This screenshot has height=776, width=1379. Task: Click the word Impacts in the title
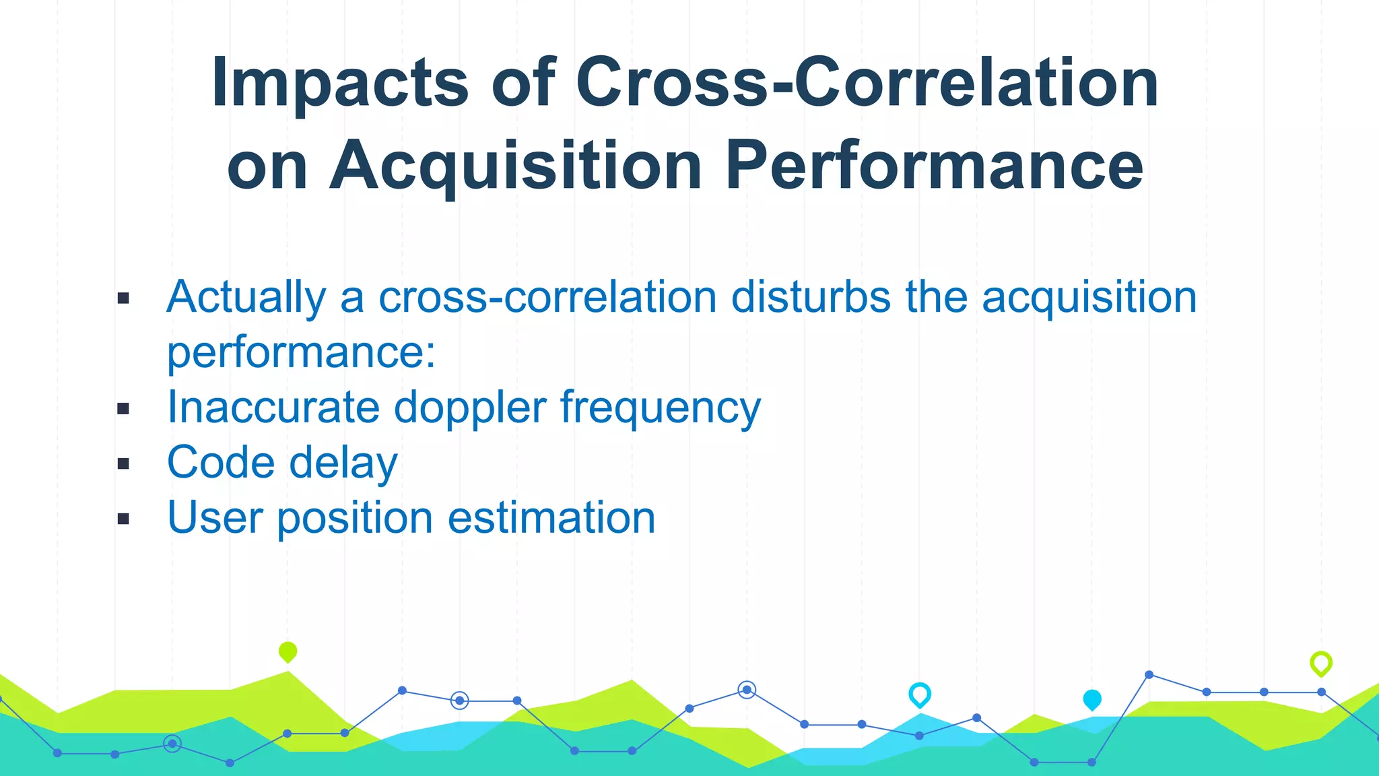coord(339,84)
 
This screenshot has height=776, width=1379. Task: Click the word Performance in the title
coord(934,166)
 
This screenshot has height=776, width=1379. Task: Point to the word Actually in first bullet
coord(246,297)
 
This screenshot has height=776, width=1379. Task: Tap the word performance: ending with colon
coord(301,352)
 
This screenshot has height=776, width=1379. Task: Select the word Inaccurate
coord(273,408)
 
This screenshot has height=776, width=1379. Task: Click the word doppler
coord(469,409)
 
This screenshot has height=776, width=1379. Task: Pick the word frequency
coord(660,409)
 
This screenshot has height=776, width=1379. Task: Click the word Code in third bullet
coord(221,463)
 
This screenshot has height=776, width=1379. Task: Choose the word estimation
coord(551,518)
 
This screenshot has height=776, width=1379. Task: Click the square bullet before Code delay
coord(123,463)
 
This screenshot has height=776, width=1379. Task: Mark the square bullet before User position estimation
coord(123,519)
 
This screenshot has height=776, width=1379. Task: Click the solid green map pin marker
coord(288,651)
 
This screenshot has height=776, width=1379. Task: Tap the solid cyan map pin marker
coord(1091,699)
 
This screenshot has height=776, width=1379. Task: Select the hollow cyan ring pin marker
coord(919,694)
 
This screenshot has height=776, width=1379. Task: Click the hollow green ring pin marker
coord(1320,663)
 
